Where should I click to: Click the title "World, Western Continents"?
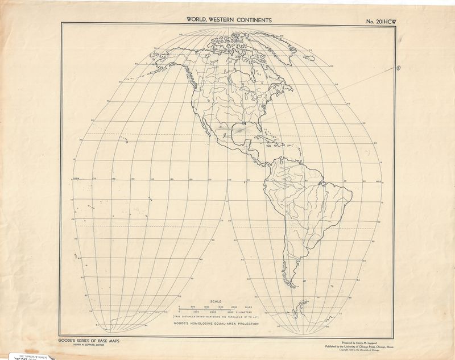[x=229, y=20]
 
